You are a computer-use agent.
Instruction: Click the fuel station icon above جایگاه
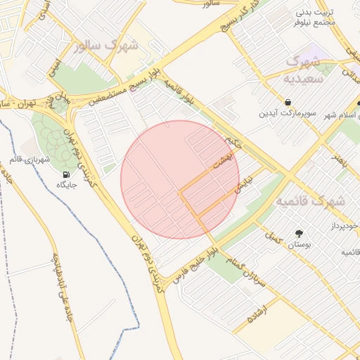pos(66,174)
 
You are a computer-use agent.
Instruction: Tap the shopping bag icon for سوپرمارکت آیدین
pos(288,102)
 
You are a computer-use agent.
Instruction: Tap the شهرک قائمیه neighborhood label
pos(310,202)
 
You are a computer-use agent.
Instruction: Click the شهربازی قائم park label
pos(27,160)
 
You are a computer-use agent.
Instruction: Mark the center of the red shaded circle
pos(180,179)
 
